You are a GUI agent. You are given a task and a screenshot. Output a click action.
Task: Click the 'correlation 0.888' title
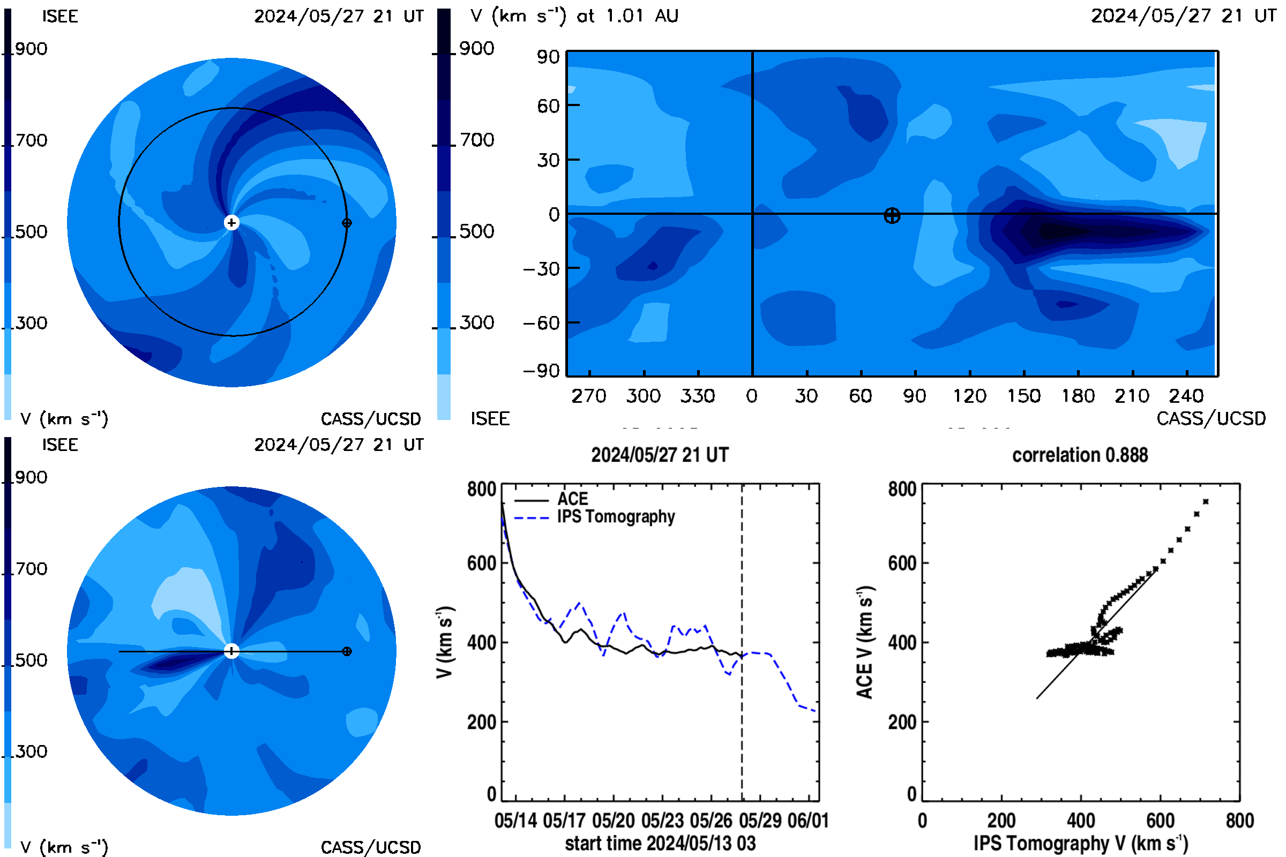tap(1079, 455)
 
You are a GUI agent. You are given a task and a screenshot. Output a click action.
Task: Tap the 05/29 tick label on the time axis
tap(759, 821)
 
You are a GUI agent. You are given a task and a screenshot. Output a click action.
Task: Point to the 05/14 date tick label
tap(515, 821)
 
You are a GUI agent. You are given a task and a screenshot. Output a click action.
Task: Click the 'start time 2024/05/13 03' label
tap(660, 843)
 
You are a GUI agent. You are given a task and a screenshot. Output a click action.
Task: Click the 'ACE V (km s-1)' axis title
tap(865, 642)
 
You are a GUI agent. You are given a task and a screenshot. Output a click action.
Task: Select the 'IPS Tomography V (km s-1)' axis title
tap(1081, 843)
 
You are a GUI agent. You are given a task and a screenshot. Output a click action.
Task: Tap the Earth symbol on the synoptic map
tap(892, 216)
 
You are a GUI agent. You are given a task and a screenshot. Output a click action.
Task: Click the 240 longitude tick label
tap(1186, 396)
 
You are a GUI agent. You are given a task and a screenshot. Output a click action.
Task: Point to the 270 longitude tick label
tap(589, 396)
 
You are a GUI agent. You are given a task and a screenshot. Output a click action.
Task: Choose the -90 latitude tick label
tap(542, 371)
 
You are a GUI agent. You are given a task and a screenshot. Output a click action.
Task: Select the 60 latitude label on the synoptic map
tap(548, 106)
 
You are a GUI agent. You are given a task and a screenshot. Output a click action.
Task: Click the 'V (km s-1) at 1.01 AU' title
tap(574, 16)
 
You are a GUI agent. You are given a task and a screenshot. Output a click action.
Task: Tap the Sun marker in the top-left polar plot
tap(232, 222)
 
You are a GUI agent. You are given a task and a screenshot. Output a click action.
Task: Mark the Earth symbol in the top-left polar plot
tap(347, 223)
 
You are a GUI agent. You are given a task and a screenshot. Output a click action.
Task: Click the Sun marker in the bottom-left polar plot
tap(232, 651)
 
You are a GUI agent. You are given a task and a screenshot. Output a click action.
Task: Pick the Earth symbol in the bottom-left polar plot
tap(347, 651)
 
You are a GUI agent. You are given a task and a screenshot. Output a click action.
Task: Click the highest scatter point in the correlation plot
tap(1206, 502)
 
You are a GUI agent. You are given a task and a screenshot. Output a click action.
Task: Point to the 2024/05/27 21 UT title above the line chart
tap(660, 455)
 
